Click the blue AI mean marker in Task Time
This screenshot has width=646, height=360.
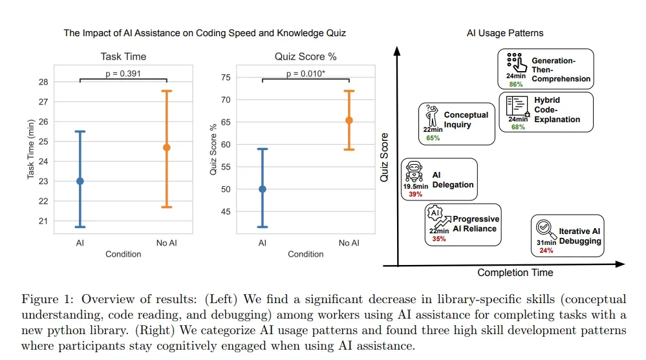click(x=80, y=181)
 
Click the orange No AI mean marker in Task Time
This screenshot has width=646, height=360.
click(x=166, y=147)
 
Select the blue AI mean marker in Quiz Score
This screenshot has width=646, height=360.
click(x=263, y=189)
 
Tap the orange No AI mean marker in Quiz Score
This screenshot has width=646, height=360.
click(x=349, y=120)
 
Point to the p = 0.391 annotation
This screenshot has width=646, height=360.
click(x=123, y=73)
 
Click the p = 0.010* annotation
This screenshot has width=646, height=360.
click(x=306, y=73)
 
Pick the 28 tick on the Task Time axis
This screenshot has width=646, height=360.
click(x=43, y=82)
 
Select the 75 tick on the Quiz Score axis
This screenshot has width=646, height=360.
click(x=226, y=78)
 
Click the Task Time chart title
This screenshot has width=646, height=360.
click(x=123, y=56)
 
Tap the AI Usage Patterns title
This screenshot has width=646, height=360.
click(x=505, y=33)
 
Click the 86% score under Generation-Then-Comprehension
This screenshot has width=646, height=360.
click(x=515, y=84)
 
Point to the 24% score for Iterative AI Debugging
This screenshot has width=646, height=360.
click(x=546, y=250)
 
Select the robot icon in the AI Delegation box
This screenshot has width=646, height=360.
click(x=414, y=173)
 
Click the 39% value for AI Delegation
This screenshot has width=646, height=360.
click(x=415, y=194)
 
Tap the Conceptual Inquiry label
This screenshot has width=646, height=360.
click(x=466, y=120)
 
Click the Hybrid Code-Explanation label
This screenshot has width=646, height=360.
click(x=557, y=110)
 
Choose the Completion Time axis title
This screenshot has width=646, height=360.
click(x=515, y=273)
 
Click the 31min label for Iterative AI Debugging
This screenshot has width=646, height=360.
click(x=546, y=242)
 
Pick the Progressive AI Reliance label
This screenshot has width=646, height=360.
click(x=475, y=224)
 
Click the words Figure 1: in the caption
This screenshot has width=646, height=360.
click(x=45, y=299)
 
